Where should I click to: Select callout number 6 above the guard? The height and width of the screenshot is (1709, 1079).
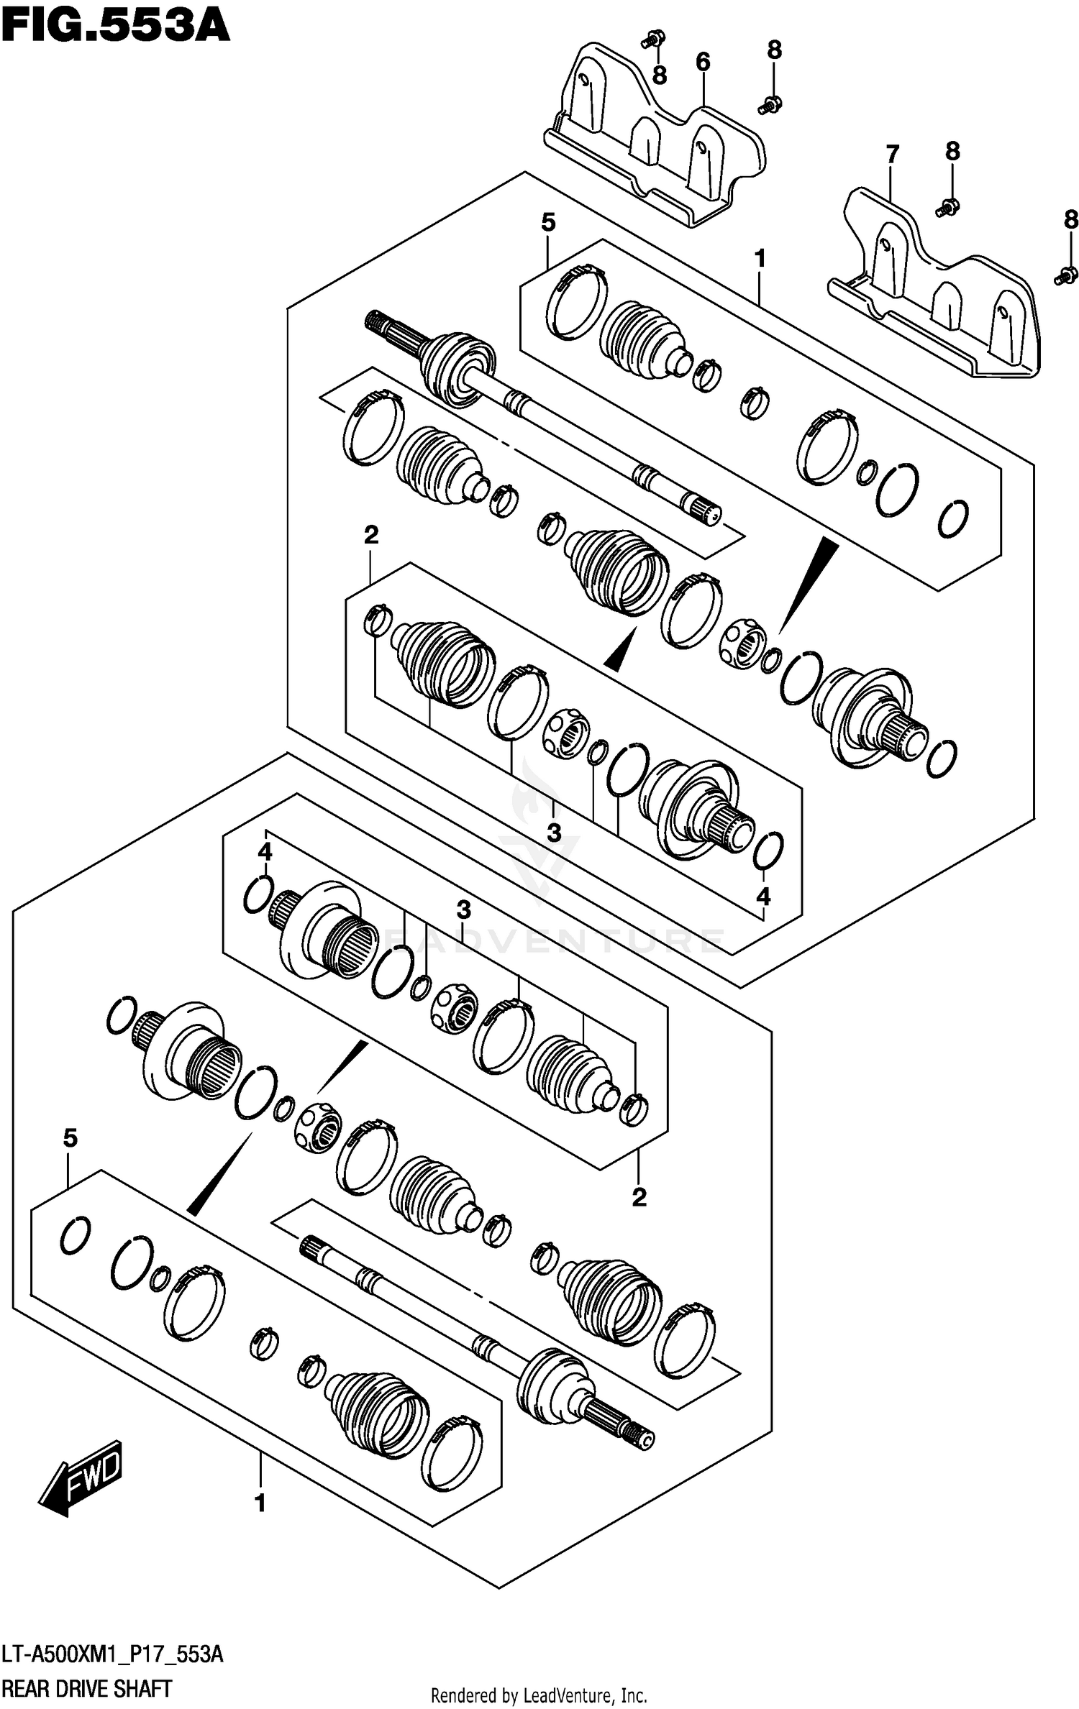(x=702, y=63)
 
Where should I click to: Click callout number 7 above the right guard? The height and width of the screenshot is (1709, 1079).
(x=892, y=154)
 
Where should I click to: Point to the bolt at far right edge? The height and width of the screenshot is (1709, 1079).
(x=1065, y=275)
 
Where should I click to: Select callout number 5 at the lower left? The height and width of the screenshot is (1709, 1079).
(x=70, y=1138)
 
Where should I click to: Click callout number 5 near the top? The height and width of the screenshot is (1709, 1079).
(x=548, y=223)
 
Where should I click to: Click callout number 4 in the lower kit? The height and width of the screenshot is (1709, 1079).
(x=265, y=852)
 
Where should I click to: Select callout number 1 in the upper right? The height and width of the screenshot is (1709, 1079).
(x=760, y=258)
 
